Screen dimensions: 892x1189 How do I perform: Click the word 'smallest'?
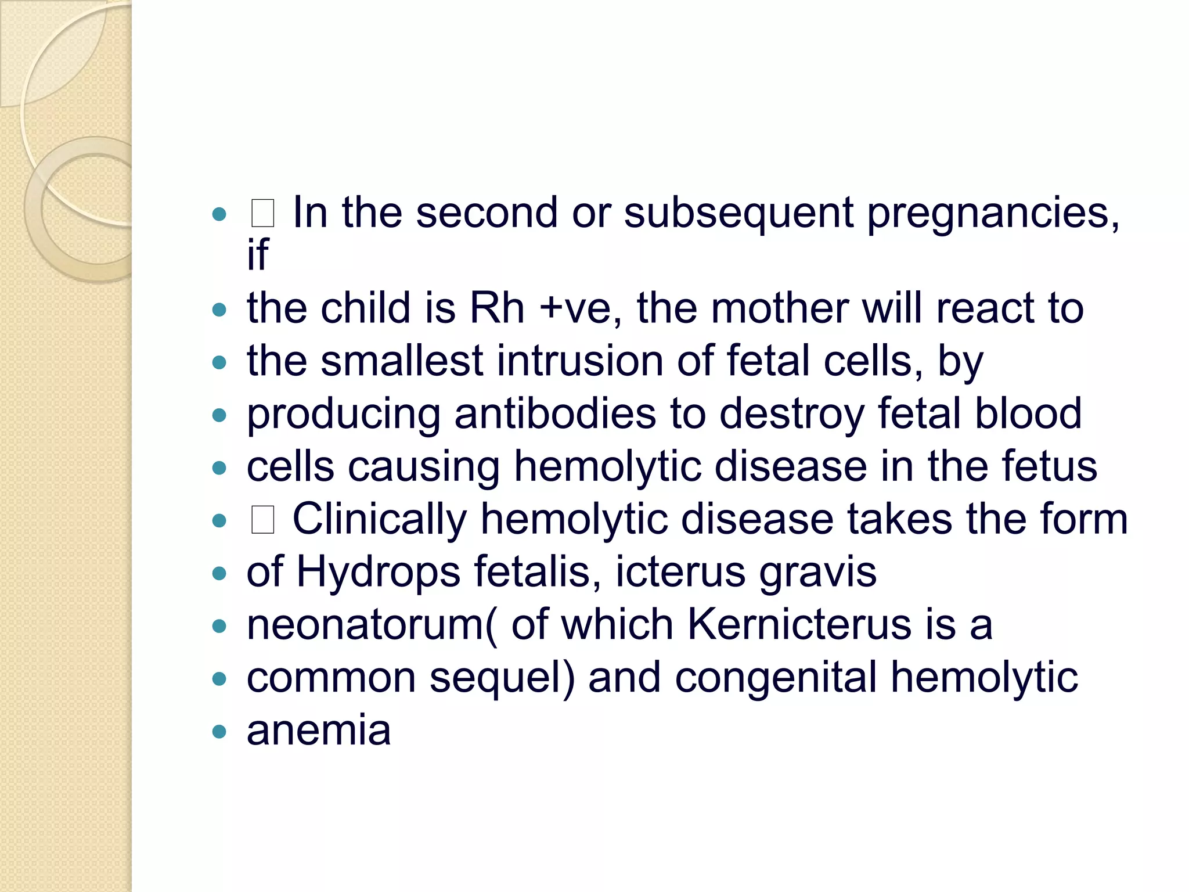click(402, 361)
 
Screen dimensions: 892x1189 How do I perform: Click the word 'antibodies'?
click(555, 413)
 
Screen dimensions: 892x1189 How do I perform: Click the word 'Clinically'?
click(380, 519)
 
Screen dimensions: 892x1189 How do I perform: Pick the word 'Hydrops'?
click(379, 573)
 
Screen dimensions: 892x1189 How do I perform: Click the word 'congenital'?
click(775, 678)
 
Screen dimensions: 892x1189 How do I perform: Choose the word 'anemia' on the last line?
click(319, 731)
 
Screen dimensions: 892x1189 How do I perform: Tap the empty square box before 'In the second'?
click(262, 213)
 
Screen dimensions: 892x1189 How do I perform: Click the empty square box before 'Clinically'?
click(262, 520)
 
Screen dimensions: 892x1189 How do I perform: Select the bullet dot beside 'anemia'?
click(219, 731)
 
